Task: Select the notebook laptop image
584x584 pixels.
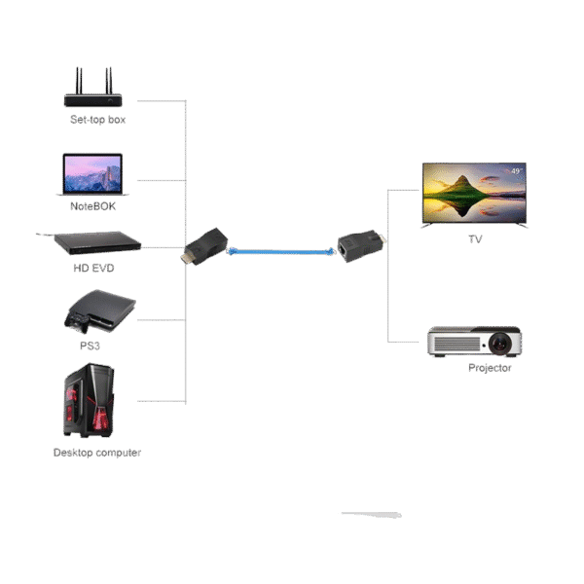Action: point(93,175)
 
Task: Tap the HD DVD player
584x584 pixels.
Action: point(90,242)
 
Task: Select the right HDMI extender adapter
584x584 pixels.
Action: point(361,245)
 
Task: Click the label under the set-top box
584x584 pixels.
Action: point(97,120)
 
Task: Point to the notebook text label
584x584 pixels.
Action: point(92,205)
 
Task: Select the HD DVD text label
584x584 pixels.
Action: point(92,268)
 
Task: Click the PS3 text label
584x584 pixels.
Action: point(91,345)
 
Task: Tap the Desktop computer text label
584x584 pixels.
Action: point(97,453)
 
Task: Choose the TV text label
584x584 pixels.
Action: point(475,238)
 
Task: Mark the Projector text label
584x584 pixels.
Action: point(489,368)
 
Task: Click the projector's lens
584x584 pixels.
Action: point(500,343)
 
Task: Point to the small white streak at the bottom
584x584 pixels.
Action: point(371,514)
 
